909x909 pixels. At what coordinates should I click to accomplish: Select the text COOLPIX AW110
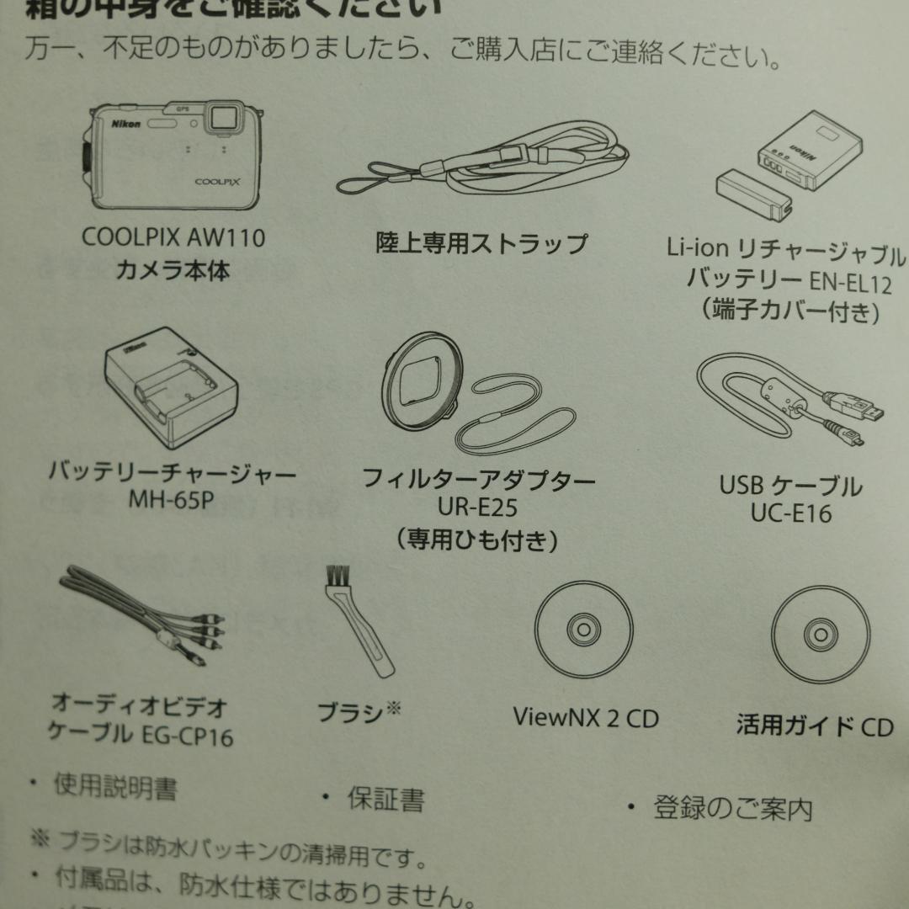173,237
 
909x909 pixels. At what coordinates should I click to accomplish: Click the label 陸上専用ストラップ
481,244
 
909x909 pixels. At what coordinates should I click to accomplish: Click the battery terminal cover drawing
753,193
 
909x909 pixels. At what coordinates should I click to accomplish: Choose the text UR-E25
478,508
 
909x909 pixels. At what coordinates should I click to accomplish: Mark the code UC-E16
790,513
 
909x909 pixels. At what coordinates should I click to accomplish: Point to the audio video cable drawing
135,614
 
